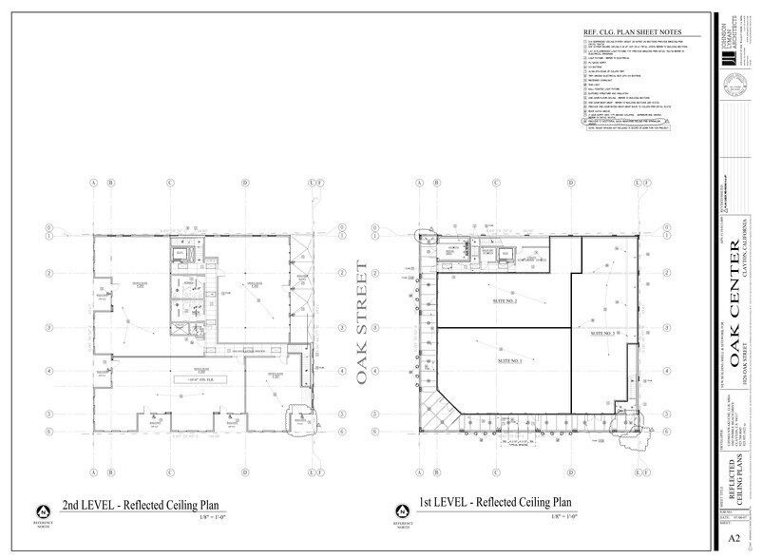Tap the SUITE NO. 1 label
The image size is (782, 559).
pyautogui.click(x=509, y=361)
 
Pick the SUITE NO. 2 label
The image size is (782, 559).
pyautogui.click(x=504, y=300)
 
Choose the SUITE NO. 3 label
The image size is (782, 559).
pyautogui.click(x=601, y=333)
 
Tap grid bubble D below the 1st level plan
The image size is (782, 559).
pyautogui.click(x=571, y=472)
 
